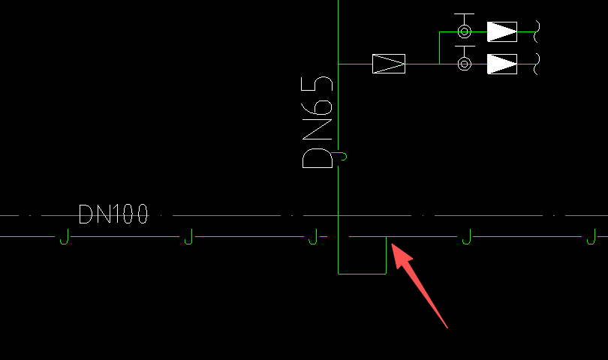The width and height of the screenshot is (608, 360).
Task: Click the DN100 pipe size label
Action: [113, 214]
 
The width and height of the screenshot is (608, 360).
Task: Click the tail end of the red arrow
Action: [447, 327]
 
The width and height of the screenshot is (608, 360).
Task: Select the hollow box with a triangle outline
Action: [389, 64]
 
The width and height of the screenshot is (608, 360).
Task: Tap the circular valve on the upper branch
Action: [465, 31]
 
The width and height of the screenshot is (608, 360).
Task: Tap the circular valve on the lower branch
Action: [465, 64]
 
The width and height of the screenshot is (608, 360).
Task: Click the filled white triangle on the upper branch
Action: [501, 31]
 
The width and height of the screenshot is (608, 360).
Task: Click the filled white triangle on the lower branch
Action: [501, 64]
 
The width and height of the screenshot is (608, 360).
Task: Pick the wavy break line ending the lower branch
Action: [537, 64]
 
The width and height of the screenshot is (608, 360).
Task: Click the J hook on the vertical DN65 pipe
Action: [342, 156]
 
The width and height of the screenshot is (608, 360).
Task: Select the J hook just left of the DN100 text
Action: [64, 237]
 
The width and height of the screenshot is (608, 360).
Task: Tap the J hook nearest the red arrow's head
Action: [466, 237]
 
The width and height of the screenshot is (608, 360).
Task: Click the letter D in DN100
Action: [86, 214]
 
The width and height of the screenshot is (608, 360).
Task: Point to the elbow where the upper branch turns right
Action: [440, 31]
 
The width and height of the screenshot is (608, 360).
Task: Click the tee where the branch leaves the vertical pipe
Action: [339, 64]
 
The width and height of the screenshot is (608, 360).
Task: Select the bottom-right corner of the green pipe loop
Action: [386, 273]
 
